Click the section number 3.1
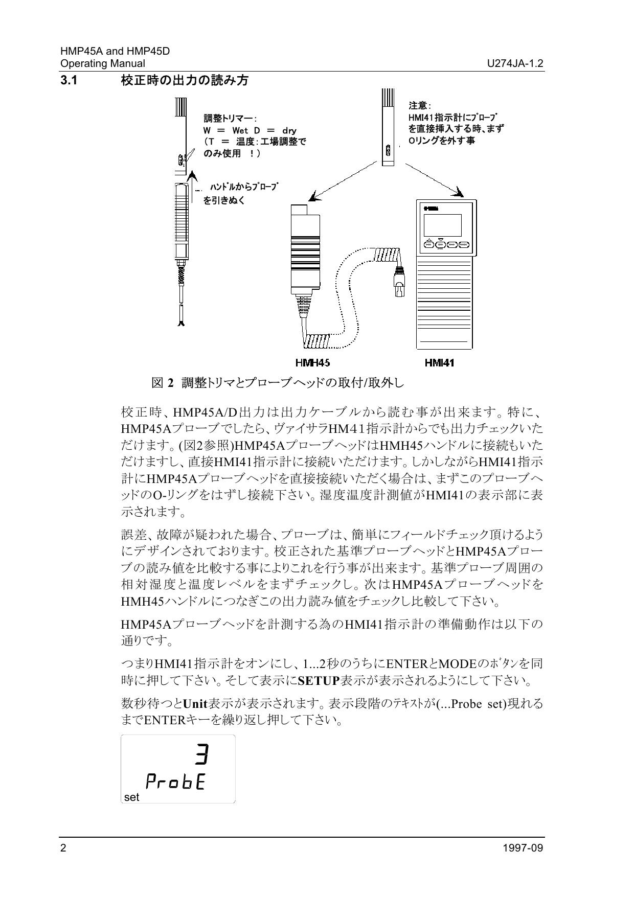coord(69,80)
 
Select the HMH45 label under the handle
coord(312,363)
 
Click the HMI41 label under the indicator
coord(439,363)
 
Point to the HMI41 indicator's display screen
coord(443,224)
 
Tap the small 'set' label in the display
coord(131,797)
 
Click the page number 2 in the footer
coord(63,848)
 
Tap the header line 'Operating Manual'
coord(102,63)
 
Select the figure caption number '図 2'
coord(163,382)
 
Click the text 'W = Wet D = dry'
coord(250,130)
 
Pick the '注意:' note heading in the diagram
coord(420,105)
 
